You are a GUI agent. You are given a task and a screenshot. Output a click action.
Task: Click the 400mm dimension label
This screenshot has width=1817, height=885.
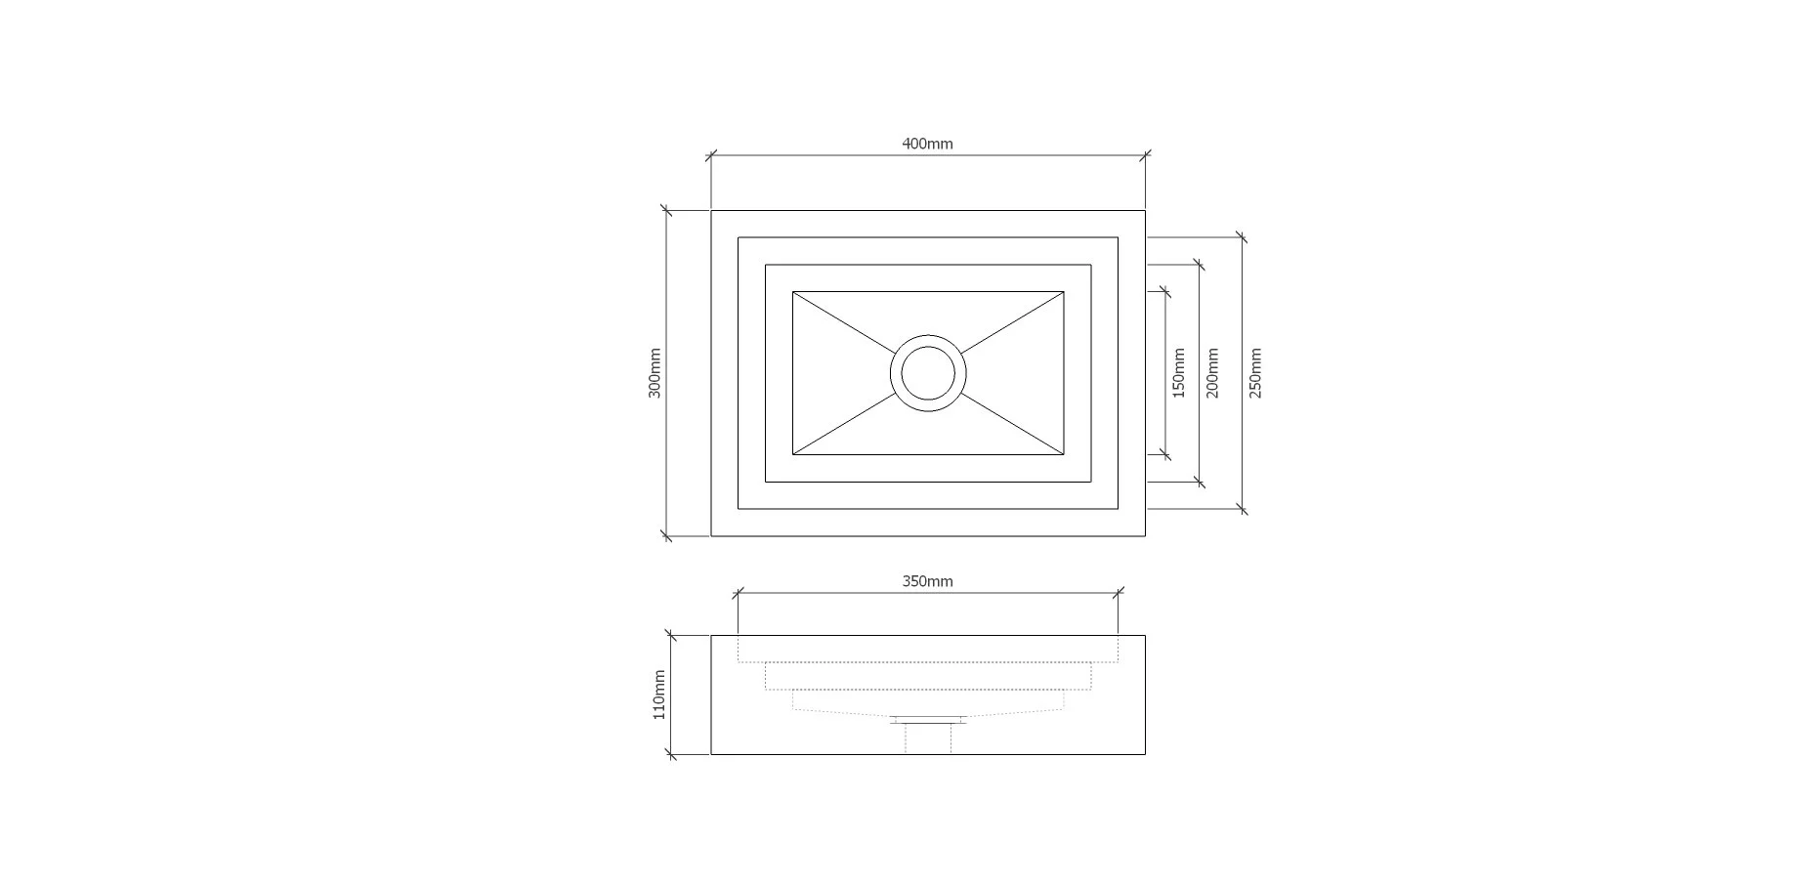click(x=927, y=144)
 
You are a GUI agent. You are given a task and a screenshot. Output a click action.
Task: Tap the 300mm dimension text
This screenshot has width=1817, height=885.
click(x=655, y=373)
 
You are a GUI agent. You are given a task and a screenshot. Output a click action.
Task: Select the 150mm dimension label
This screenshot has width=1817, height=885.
click(x=1178, y=373)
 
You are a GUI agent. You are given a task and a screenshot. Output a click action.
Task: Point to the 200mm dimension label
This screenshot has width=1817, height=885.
click(x=1212, y=373)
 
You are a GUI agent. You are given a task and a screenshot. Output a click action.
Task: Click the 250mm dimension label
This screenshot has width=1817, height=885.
click(x=1255, y=373)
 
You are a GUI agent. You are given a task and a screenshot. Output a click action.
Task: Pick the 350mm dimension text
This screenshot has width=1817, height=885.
click(x=927, y=581)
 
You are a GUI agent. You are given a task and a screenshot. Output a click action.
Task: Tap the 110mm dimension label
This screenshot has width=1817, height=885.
click(x=659, y=695)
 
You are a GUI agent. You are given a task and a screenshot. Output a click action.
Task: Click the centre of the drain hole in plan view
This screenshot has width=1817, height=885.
click(x=928, y=373)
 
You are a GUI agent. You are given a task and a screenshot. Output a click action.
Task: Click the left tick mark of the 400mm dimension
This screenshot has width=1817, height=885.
click(x=711, y=154)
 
